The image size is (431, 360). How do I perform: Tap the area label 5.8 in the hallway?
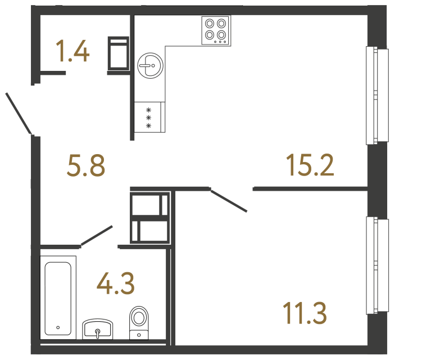pos(85,166)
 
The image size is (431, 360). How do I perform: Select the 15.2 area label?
pos(310,165)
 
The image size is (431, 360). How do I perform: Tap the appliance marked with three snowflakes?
pos(149,117)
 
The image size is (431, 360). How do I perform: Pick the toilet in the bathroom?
pos(139,322)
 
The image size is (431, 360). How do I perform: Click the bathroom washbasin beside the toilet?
pos(98,329)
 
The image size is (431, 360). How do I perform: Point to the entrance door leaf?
pos(18,113)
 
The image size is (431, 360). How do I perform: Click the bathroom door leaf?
pos(97,236)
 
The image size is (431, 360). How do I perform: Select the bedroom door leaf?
pos(229,201)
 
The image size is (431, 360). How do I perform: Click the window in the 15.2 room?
pos(377,94)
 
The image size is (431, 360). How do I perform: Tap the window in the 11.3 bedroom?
pos(377,265)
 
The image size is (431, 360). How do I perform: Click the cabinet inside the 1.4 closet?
pos(119,55)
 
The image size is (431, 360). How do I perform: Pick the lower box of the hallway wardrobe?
pos(150,231)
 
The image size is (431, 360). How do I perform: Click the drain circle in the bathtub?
pos(58,327)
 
